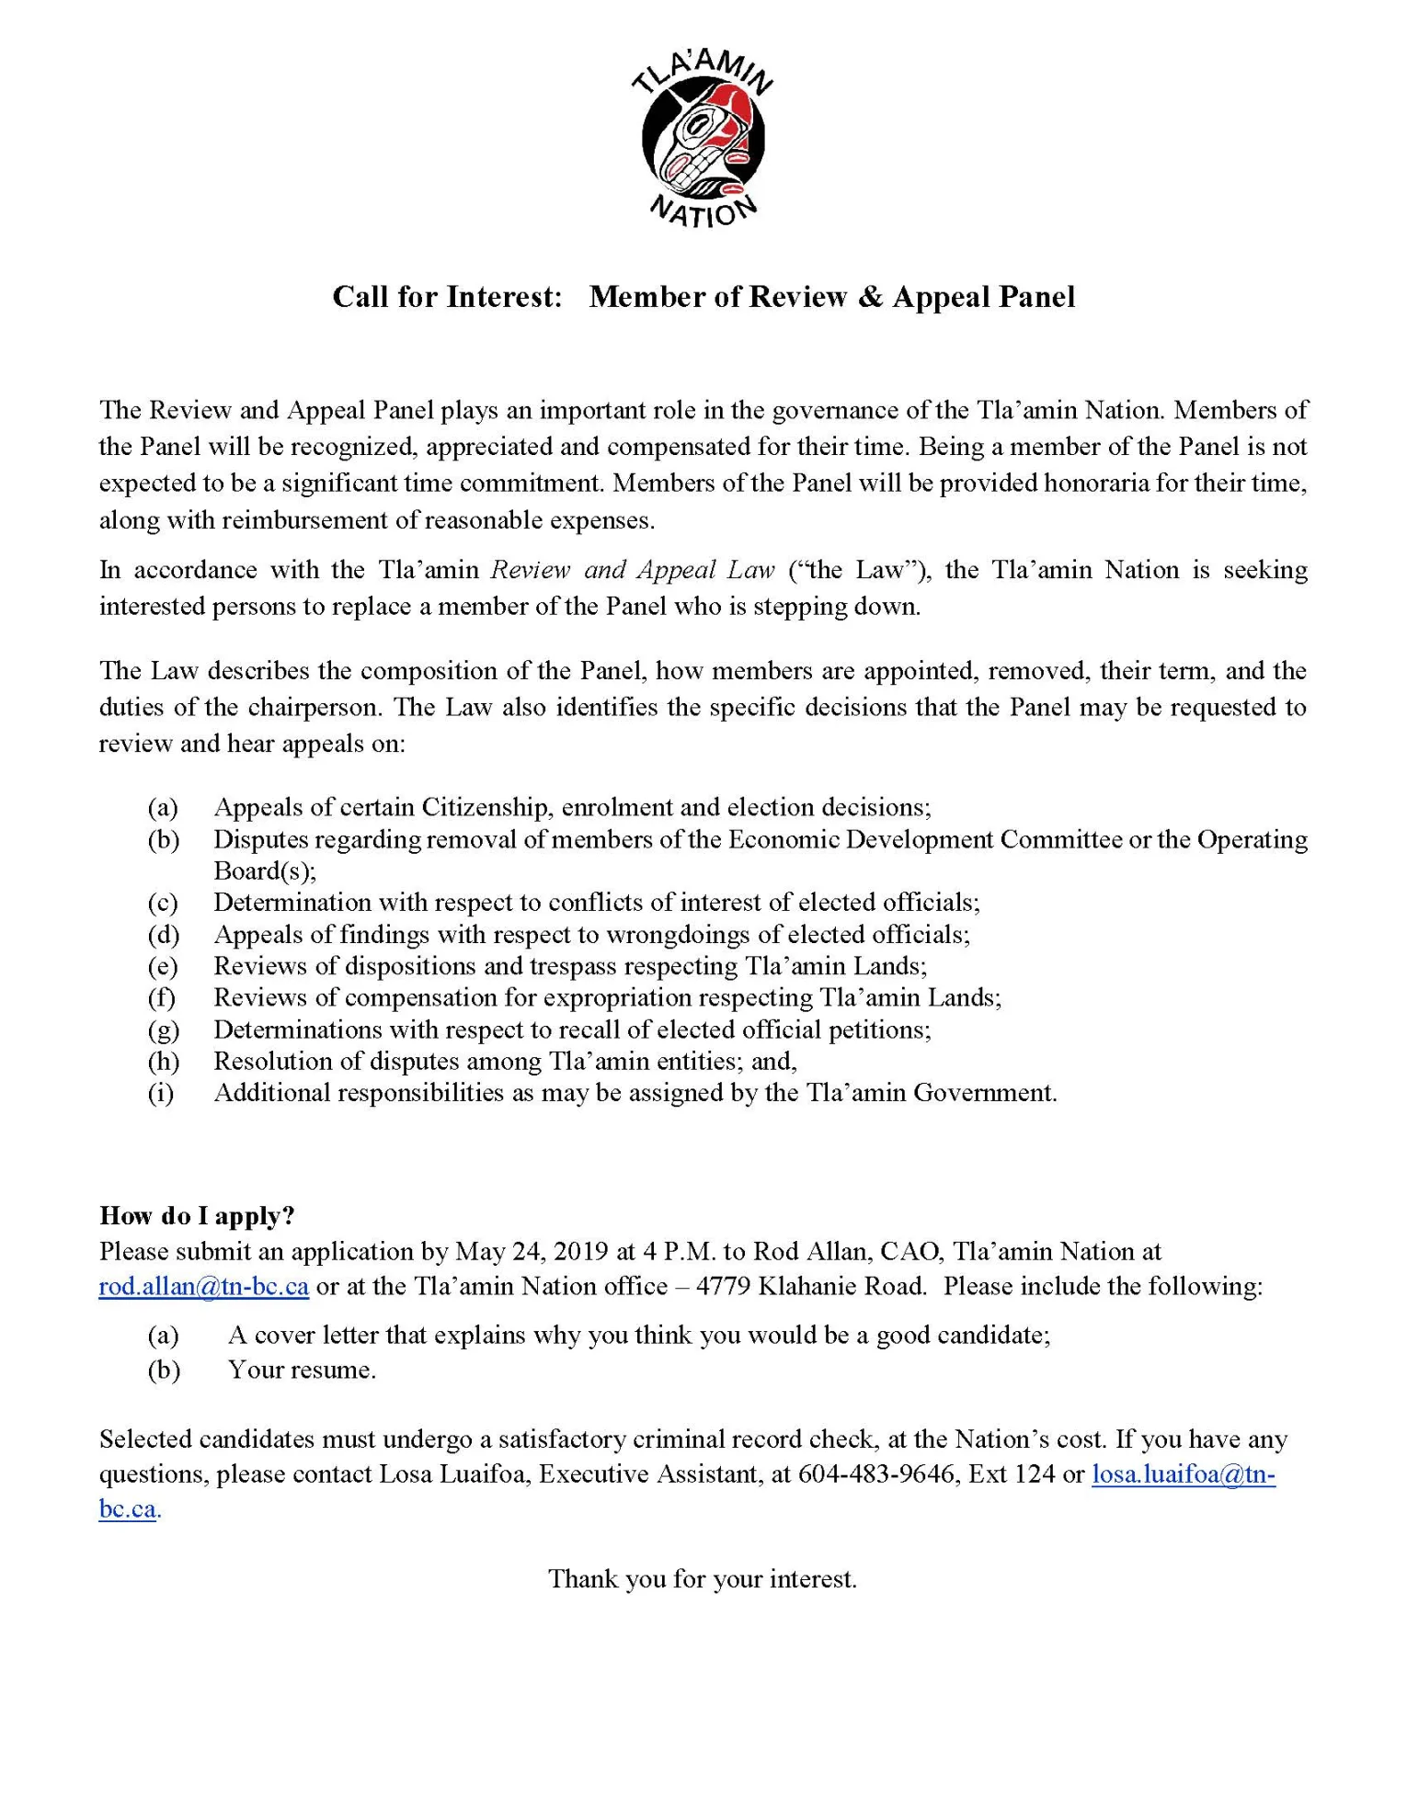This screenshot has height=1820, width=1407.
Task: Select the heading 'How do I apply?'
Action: (197, 1215)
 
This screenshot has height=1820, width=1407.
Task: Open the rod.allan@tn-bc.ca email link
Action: (203, 1286)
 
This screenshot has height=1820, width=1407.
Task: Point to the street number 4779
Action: (724, 1286)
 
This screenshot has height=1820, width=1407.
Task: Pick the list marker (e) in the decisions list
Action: (163, 966)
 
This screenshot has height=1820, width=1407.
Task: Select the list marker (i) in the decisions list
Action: (161, 1093)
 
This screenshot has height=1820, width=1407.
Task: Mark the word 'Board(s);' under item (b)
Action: (265, 870)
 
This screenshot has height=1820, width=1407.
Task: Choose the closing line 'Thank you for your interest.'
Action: (703, 1579)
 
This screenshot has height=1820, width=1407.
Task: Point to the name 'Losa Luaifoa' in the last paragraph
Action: (454, 1474)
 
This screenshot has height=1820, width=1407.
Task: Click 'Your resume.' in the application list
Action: (302, 1370)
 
